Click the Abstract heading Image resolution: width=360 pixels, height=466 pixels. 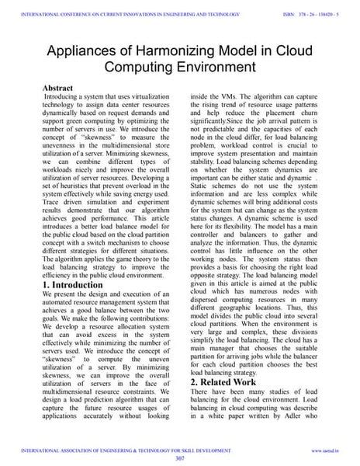point(59,89)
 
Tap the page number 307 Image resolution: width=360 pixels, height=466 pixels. point(179,457)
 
